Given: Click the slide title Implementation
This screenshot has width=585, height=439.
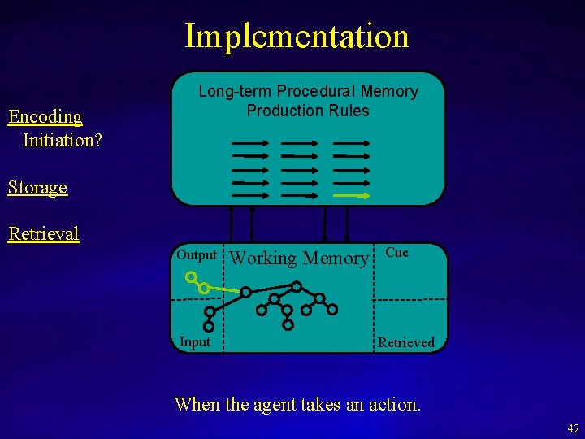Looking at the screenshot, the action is click(297, 36).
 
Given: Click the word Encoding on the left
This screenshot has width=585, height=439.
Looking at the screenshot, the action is click(45, 116).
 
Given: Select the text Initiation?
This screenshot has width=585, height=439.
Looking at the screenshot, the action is click(63, 140).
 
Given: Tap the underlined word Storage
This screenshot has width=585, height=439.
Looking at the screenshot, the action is click(37, 187).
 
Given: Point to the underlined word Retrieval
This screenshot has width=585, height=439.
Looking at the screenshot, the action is click(43, 234).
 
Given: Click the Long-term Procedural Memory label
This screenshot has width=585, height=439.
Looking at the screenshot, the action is click(308, 91).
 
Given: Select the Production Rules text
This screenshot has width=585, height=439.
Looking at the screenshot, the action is click(308, 111).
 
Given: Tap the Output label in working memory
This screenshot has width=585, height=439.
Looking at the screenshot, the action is click(197, 254).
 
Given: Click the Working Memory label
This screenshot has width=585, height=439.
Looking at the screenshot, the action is click(300, 259).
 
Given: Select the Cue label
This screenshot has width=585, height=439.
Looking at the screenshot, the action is click(396, 252).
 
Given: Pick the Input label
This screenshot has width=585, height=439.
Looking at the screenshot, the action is click(194, 341).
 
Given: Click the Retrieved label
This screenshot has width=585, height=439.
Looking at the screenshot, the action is click(406, 342).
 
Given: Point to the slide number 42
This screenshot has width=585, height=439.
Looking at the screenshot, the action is click(574, 428).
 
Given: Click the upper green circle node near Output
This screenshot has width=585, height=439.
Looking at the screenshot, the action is click(191, 277).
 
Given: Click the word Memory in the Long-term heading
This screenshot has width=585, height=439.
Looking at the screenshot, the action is click(391, 91).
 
